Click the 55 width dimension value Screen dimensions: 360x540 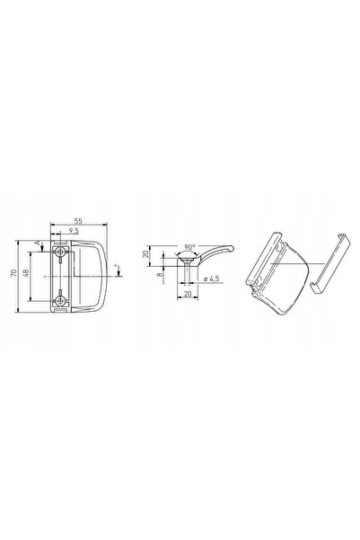(78, 221)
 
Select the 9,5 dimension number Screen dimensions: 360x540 (74, 231)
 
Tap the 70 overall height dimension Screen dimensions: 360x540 (13, 273)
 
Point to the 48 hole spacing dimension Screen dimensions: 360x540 (26, 273)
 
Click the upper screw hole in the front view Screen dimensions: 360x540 (60, 252)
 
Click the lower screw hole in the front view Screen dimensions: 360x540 (60, 301)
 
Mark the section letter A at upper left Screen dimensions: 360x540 (38, 243)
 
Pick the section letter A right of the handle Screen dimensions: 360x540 (116, 266)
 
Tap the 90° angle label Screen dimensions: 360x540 (189, 247)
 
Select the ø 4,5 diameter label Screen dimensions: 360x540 (211, 279)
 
